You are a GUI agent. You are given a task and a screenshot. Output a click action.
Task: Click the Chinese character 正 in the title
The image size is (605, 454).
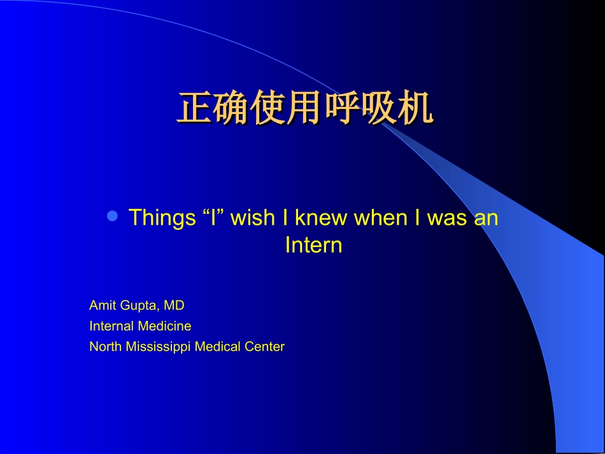tap(194, 109)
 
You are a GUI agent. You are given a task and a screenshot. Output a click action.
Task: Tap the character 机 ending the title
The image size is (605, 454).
tap(415, 109)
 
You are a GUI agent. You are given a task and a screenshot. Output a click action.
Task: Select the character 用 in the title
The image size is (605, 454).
tap(304, 109)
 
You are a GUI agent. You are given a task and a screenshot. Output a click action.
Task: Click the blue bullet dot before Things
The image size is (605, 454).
tap(113, 216)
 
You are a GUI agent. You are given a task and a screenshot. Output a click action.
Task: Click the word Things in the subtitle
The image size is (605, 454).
tap(162, 218)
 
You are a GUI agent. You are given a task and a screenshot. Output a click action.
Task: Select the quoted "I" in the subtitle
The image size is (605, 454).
tap(213, 218)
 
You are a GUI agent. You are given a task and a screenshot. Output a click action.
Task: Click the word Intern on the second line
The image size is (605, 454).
tap(313, 245)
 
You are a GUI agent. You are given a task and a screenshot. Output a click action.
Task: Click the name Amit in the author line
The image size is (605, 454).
tap(102, 306)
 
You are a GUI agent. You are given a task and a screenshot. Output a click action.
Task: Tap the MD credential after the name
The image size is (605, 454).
tap(174, 306)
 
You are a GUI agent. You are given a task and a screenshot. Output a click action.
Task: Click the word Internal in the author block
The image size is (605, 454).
tap(112, 326)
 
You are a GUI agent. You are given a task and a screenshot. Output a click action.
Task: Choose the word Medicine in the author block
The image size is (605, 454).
tap(165, 326)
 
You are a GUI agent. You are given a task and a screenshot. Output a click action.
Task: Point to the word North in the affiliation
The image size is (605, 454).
tap(104, 347)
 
